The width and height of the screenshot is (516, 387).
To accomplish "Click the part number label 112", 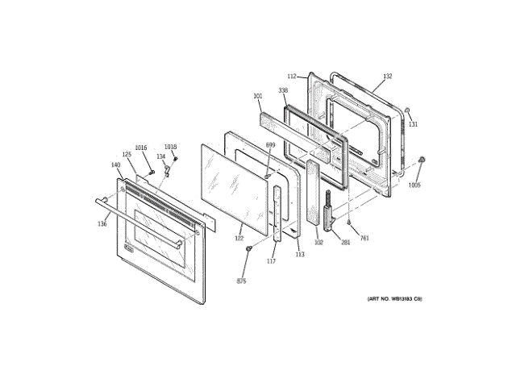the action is pyautogui.click(x=292, y=77).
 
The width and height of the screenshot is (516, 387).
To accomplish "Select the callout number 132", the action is pyautogui.click(x=387, y=77).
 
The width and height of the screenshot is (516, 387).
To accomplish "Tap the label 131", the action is pyautogui.click(x=413, y=124).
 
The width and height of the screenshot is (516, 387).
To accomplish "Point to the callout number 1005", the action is pyautogui.click(x=414, y=185).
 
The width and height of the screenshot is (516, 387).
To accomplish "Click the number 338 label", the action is pyautogui.click(x=284, y=90).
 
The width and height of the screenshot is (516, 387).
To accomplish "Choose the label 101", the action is pyautogui.click(x=257, y=97).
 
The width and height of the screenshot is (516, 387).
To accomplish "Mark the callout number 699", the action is pyautogui.click(x=270, y=145).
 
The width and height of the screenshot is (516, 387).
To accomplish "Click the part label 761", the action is pyautogui.click(x=364, y=238).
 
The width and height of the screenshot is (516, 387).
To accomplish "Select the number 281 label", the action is pyautogui.click(x=346, y=242).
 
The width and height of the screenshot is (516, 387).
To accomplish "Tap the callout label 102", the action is pyautogui.click(x=318, y=242).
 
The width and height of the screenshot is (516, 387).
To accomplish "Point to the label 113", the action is pyautogui.click(x=300, y=255).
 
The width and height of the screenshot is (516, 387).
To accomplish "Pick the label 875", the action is pyautogui.click(x=241, y=281).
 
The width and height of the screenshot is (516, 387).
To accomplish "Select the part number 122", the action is pyautogui.click(x=239, y=238).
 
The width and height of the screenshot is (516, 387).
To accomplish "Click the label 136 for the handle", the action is pyautogui.click(x=102, y=224).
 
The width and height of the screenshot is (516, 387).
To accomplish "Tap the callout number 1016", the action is pyautogui.click(x=141, y=148).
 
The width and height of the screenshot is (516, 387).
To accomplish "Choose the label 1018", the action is pyautogui.click(x=170, y=147).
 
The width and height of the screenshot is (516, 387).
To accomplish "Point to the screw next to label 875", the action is pyautogui.click(x=249, y=249).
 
